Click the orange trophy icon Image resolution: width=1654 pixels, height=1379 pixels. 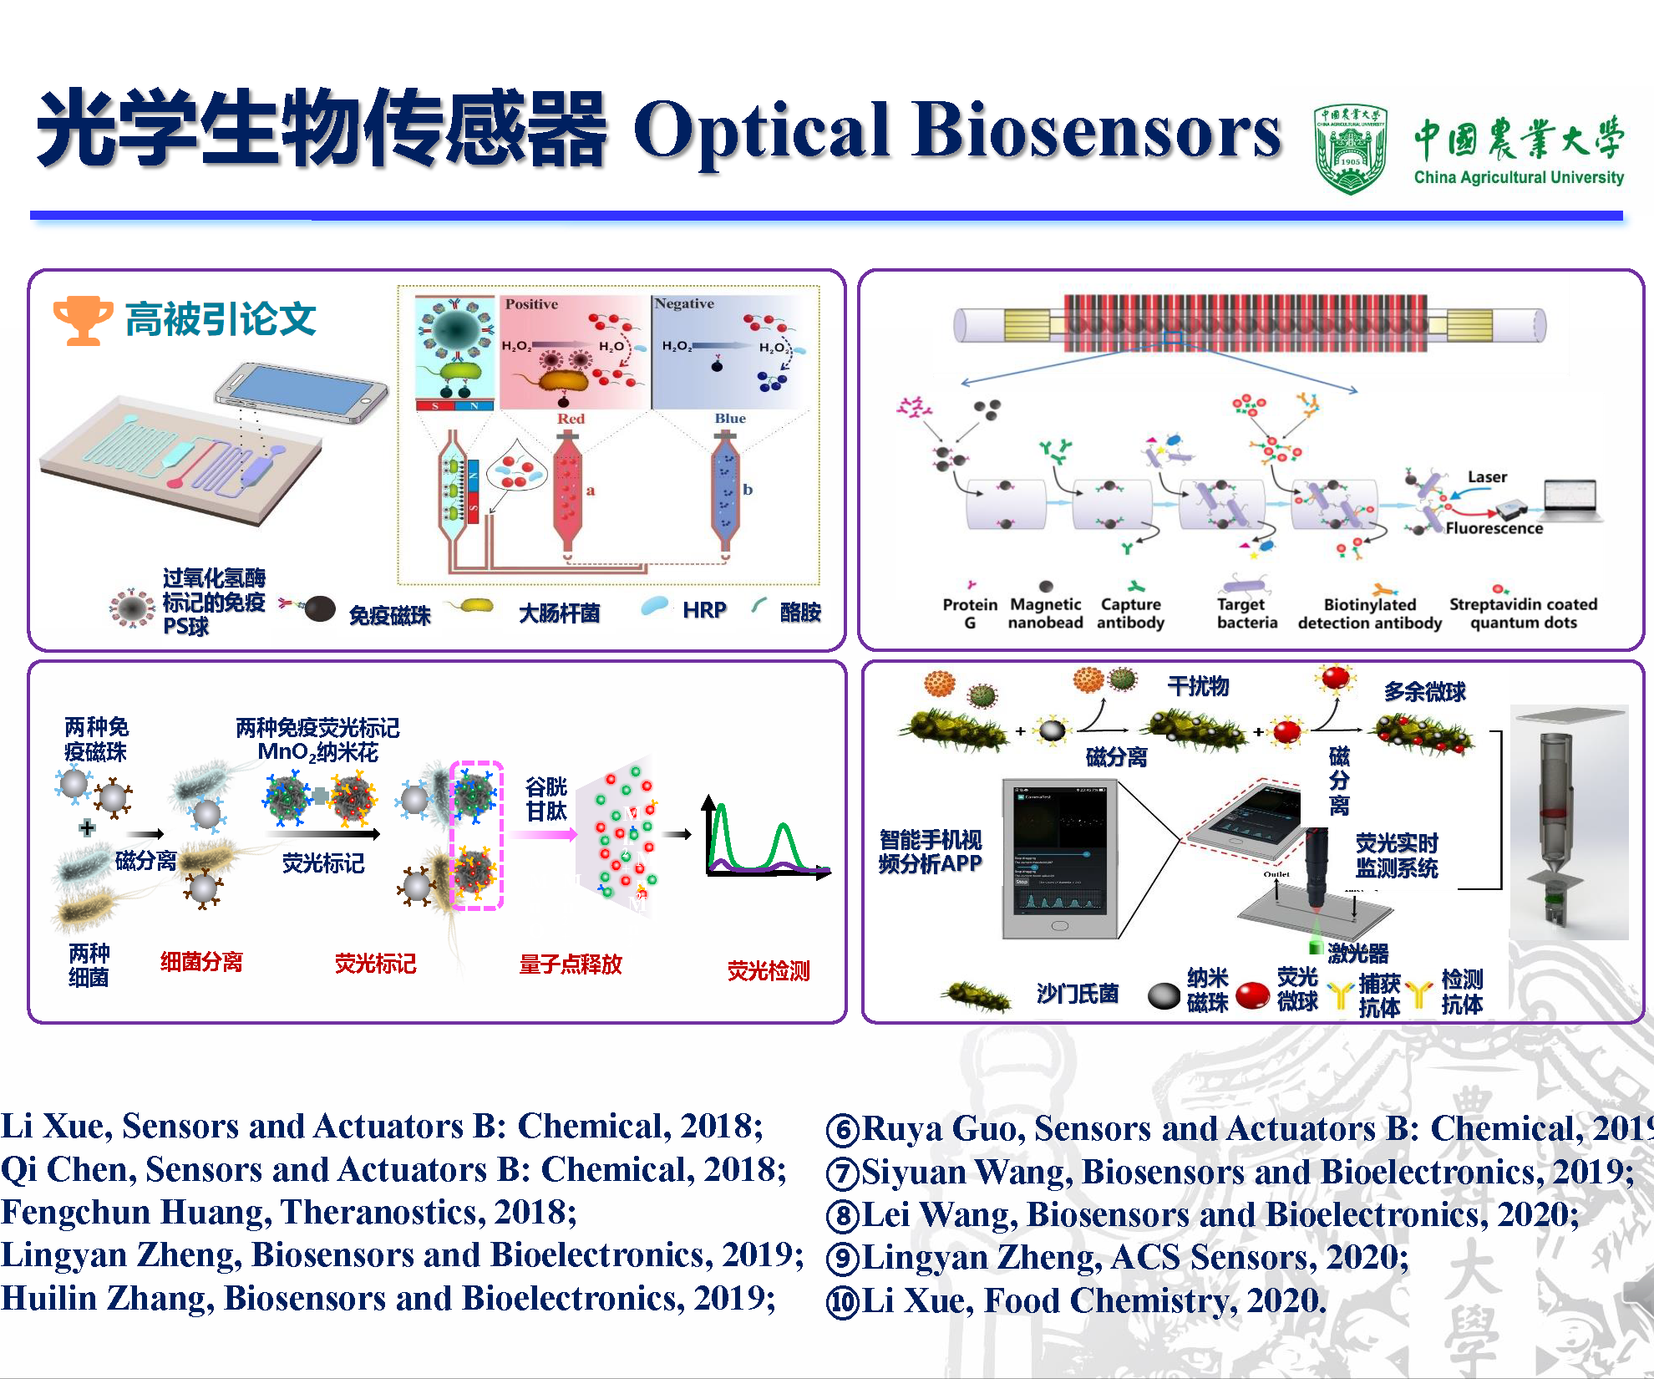[x=82, y=319]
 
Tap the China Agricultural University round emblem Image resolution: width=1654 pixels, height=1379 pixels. [x=1350, y=149]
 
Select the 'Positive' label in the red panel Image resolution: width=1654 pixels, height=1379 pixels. [x=531, y=304]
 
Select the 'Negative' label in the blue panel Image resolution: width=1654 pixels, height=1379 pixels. [x=684, y=303]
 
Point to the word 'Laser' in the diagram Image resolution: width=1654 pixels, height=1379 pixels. [x=1487, y=477]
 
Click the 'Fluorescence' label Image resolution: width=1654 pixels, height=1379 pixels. [x=1494, y=528]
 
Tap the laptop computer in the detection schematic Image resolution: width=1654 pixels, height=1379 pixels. [x=1571, y=500]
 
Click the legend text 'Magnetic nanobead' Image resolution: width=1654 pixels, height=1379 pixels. [x=1045, y=613]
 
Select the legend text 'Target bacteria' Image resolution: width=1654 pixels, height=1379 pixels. [x=1246, y=613]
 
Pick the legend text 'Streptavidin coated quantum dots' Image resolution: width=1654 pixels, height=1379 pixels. [x=1522, y=613]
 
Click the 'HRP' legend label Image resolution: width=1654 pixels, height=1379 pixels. [x=704, y=610]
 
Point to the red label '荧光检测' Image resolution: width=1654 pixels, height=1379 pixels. [x=768, y=970]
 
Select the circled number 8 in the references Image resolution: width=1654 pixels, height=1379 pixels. [x=842, y=1215]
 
